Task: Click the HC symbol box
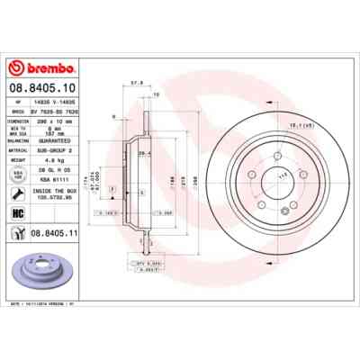click(17, 212)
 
